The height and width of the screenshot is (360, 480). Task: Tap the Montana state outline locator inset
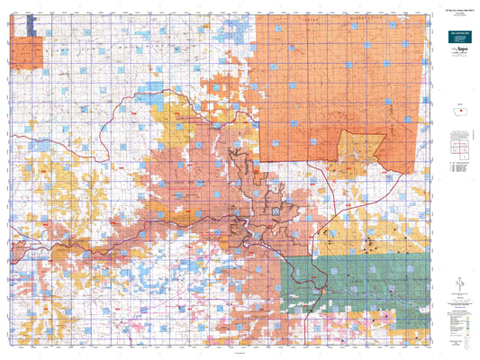(x=456, y=112)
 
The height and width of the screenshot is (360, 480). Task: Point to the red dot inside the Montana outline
(x=457, y=113)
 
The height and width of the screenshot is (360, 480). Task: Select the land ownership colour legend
(x=456, y=319)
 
